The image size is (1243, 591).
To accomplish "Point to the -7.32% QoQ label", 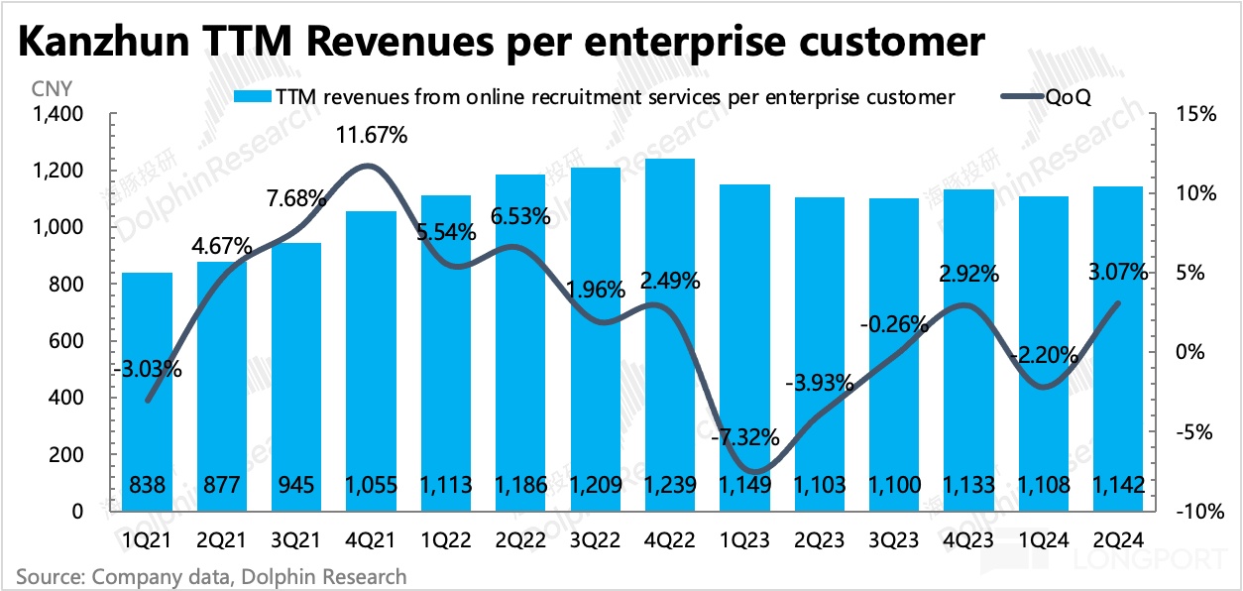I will (x=743, y=437).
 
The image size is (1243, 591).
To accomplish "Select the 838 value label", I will (x=147, y=485).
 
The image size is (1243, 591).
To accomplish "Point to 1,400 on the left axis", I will (x=59, y=115).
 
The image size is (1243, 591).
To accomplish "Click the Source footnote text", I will (x=211, y=576).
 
